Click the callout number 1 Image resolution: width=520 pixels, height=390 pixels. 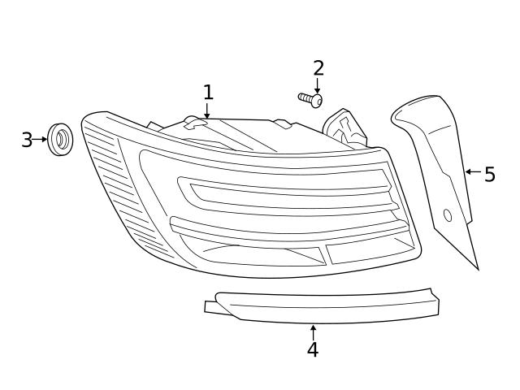click(208, 92)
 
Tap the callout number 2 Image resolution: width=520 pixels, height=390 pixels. click(318, 68)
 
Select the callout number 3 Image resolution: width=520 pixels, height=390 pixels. click(27, 140)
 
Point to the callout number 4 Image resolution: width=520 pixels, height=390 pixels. click(313, 350)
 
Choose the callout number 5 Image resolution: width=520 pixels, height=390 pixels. click(489, 175)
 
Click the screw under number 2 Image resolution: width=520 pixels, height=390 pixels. click(311, 100)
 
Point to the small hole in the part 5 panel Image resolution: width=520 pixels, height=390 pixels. click(447, 215)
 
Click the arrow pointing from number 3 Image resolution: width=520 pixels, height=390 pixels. click(41, 140)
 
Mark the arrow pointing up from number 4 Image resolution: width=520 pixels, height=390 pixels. click(313, 331)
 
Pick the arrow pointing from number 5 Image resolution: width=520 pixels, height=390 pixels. click(471, 172)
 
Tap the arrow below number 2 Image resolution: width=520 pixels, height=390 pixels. click(318, 86)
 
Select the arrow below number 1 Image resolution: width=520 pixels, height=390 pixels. click(207, 111)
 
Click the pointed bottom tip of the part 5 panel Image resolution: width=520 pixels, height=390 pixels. click(477, 266)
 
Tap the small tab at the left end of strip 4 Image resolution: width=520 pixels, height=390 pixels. click(211, 306)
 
